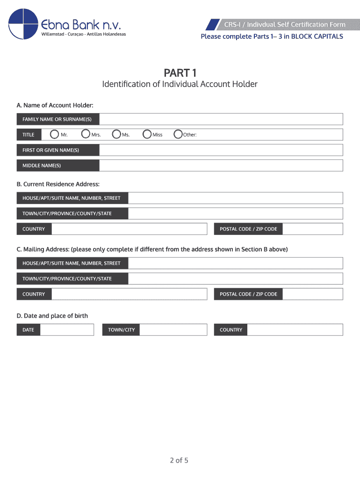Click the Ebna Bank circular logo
click(23, 24)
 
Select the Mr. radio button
click(55, 135)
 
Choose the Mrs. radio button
click(86, 135)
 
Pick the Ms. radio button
click(117, 135)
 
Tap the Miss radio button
click(147, 135)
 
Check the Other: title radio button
click(178, 135)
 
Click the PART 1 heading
click(180, 73)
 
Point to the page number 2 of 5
click(179, 461)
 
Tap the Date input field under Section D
click(67, 330)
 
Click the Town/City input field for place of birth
click(173, 330)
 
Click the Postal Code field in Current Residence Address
click(313, 229)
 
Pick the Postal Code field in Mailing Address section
click(313, 294)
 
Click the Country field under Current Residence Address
click(129, 229)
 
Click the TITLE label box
click(29, 135)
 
